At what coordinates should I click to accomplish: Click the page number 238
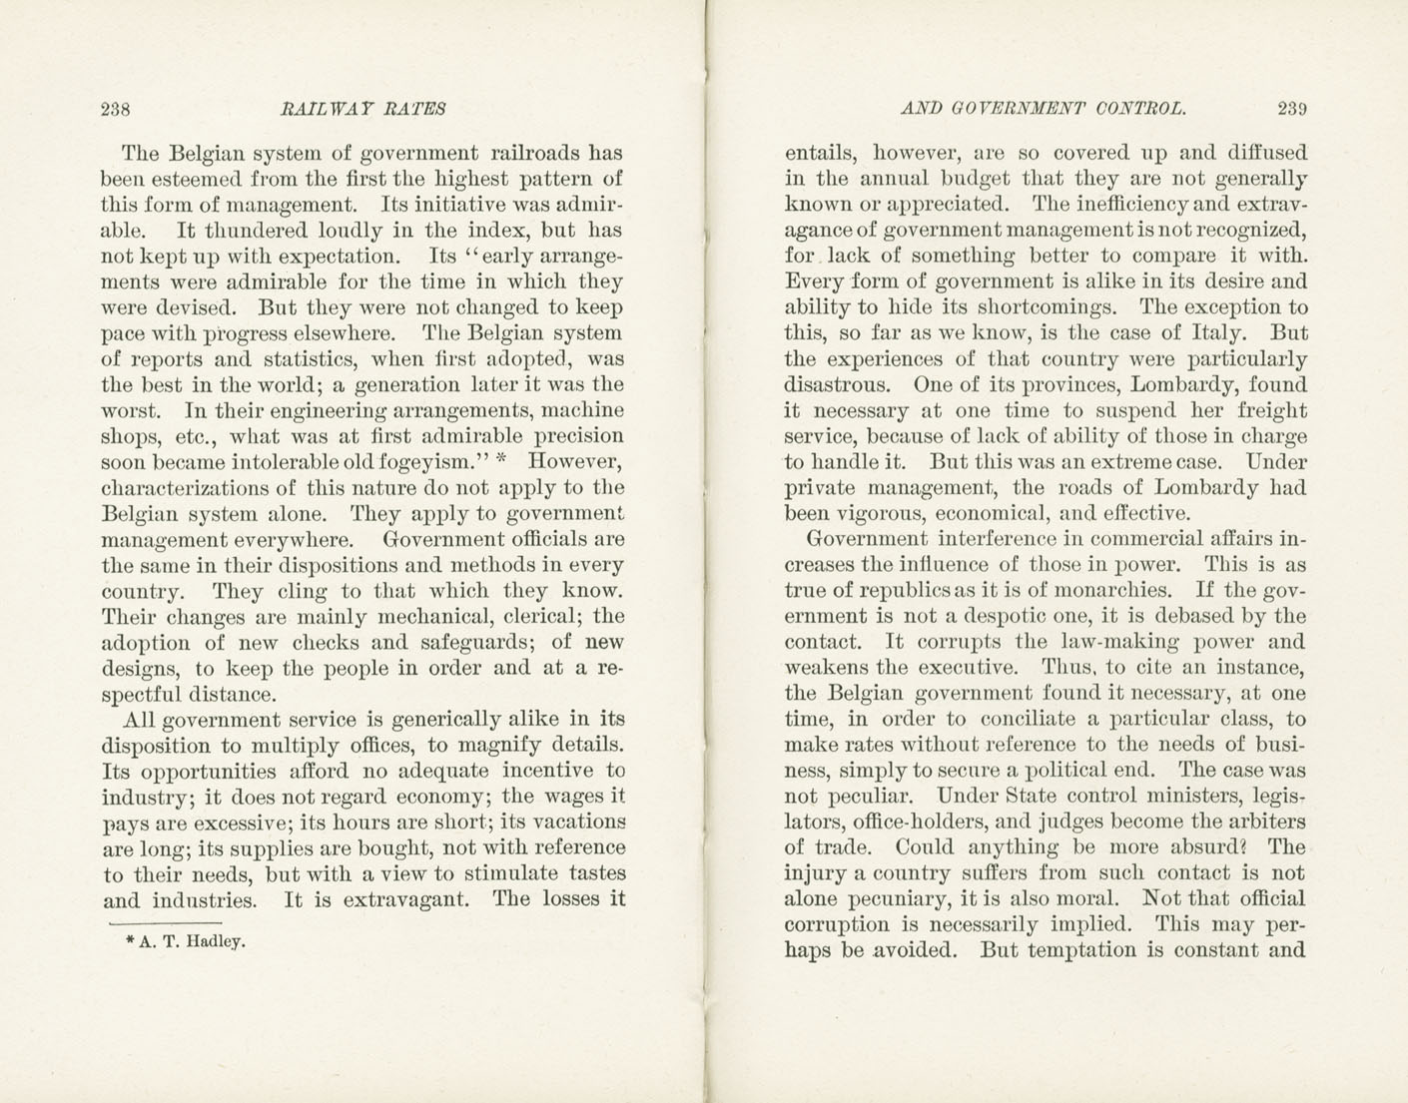117,109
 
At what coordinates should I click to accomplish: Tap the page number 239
1291,109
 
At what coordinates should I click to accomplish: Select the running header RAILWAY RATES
363,109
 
